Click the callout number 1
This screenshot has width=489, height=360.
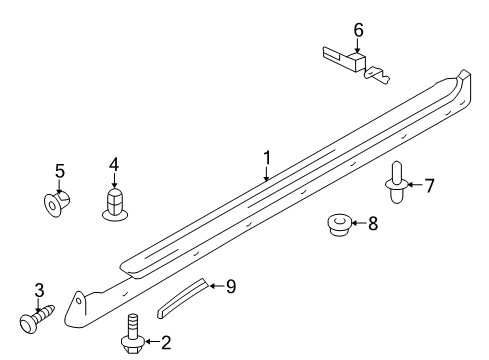267,157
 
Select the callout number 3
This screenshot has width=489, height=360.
39,290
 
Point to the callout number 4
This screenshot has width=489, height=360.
114,163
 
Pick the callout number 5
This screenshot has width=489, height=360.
59,171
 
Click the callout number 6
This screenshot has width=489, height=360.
357,32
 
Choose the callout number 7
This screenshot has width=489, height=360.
429,184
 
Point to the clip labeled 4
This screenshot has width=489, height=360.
115,204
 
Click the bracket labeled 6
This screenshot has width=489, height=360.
350,64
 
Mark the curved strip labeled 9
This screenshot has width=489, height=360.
184,296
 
